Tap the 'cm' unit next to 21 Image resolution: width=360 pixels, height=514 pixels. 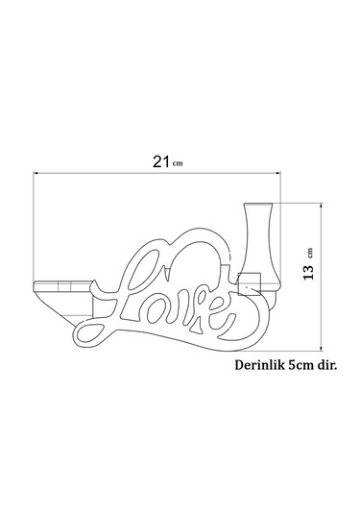[177, 164]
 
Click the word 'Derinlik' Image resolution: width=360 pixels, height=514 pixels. [261, 366]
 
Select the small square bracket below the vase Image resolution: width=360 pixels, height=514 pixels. [250, 283]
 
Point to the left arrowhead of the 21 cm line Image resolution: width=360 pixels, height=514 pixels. [37, 174]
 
